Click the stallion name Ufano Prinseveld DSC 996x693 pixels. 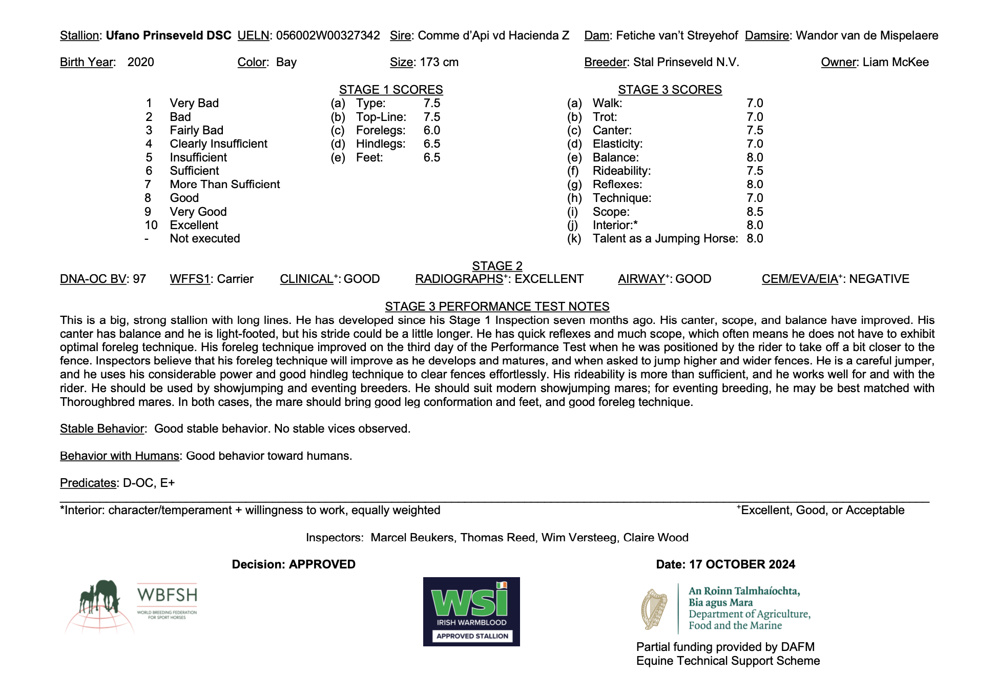[x=169, y=35]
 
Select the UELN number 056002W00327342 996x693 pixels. [x=328, y=35]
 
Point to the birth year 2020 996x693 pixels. [x=140, y=62]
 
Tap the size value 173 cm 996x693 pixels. [x=439, y=62]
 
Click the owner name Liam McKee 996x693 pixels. [x=896, y=62]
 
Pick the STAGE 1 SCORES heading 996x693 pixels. [x=391, y=90]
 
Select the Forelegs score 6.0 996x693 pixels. [x=432, y=130]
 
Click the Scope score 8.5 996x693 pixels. [x=755, y=212]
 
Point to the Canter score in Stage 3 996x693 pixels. [x=755, y=130]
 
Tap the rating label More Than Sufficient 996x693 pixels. [x=225, y=185]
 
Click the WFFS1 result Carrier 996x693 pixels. [x=235, y=279]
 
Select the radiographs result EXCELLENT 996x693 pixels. [x=549, y=279]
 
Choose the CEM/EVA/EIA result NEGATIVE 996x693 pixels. [x=879, y=279]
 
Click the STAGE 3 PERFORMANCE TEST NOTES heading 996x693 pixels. [x=497, y=307]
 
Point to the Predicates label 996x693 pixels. [x=88, y=483]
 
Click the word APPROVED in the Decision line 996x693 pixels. [x=322, y=564]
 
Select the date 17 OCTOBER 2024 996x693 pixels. [x=742, y=564]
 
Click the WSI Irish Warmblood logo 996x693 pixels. [x=471, y=612]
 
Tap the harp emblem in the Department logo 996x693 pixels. [x=654, y=609]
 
